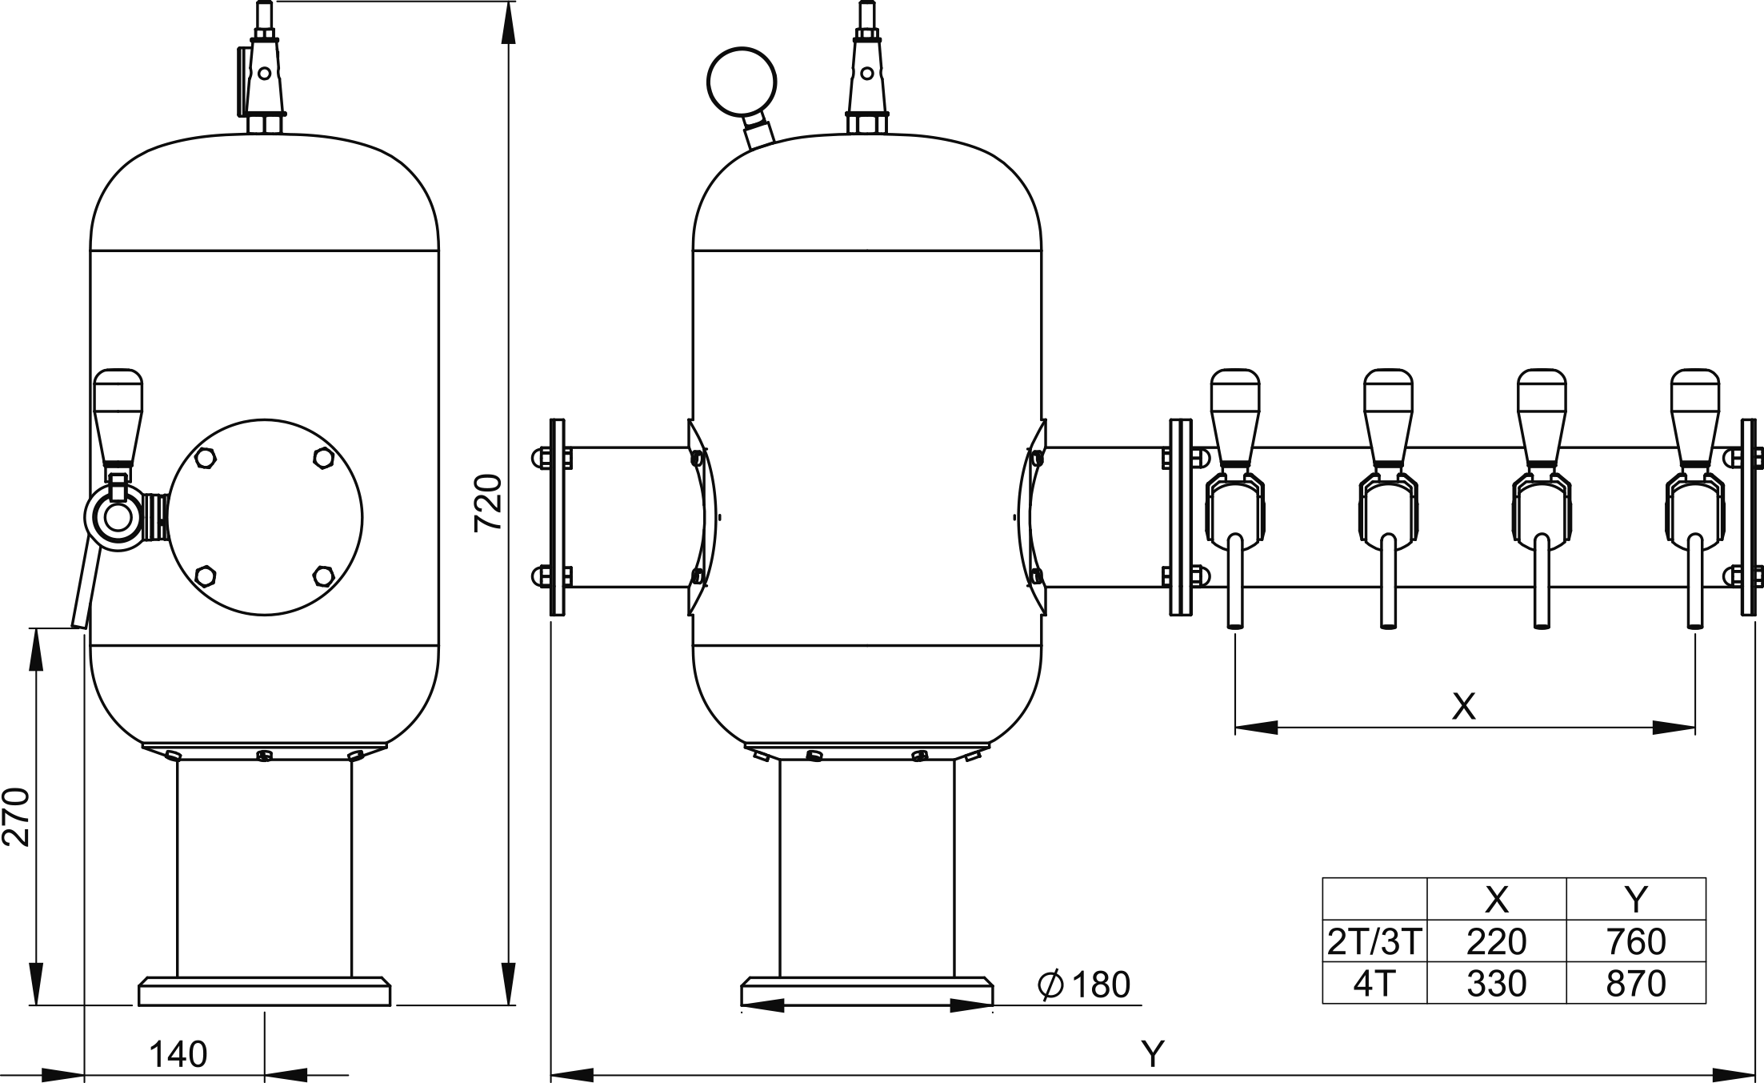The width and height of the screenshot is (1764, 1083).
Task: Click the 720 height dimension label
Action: click(487, 503)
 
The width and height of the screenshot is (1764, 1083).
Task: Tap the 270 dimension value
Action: click(16, 817)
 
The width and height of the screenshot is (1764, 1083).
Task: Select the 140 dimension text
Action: click(178, 1055)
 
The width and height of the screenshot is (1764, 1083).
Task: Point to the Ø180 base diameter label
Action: click(1084, 985)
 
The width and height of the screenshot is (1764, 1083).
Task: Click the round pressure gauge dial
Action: click(742, 82)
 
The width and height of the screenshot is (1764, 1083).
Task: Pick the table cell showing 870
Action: click(1636, 984)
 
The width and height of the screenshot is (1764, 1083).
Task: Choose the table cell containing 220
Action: click(1497, 942)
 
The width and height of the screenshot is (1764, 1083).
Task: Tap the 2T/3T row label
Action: click(1374, 942)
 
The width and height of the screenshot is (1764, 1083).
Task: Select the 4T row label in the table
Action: click(1374, 984)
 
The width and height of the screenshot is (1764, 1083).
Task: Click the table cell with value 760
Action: click(1636, 942)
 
